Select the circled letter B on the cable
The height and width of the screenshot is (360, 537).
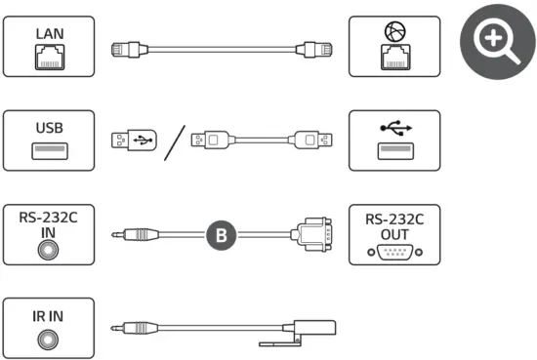220,234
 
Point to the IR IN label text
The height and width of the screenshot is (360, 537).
49,314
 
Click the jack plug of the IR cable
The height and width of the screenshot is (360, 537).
132,329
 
